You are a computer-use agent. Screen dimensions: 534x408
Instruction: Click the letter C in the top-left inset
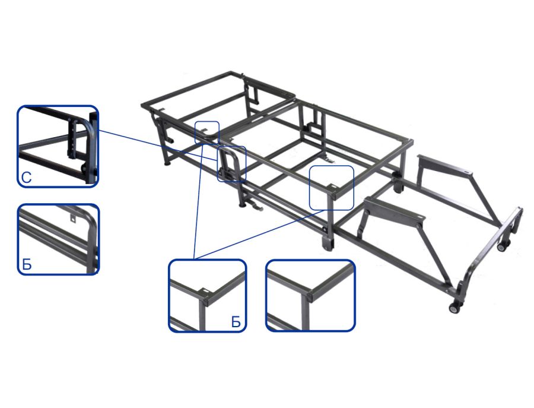[26, 178]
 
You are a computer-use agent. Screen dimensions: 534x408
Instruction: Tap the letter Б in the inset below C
[27, 264]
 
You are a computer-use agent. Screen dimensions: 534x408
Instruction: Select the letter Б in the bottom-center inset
[236, 322]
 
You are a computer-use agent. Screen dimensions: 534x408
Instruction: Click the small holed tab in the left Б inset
[72, 217]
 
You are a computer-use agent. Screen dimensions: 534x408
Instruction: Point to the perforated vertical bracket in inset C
[72, 139]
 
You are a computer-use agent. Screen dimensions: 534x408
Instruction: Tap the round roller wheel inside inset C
[83, 169]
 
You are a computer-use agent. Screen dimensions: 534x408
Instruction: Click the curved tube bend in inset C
[87, 126]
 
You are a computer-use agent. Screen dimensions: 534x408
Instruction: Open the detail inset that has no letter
[310, 295]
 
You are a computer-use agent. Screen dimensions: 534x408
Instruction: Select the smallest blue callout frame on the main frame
[207, 132]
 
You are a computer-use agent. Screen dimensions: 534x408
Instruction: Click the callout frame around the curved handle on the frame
[231, 163]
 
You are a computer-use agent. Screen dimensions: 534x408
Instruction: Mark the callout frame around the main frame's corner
[331, 188]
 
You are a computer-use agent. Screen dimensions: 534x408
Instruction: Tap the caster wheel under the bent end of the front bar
[454, 308]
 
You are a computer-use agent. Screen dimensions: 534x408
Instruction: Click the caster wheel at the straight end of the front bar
[503, 245]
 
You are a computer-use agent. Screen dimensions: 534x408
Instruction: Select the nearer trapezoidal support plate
[395, 208]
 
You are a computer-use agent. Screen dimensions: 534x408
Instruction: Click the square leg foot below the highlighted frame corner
[328, 243]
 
